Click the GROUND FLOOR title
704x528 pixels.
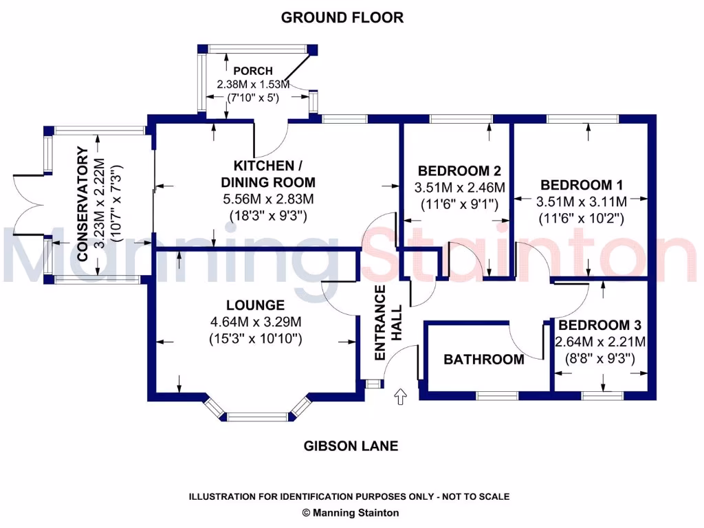pyautogui.click(x=342, y=18)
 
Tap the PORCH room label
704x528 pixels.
pyautogui.click(x=253, y=71)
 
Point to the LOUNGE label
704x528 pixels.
pyautogui.click(x=255, y=305)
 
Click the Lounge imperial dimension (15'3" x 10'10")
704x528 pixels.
pyautogui.click(x=255, y=338)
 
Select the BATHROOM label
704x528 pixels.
pyautogui.click(x=483, y=359)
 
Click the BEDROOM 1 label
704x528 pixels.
pyautogui.click(x=576, y=184)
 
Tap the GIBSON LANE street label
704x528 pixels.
pyautogui.click(x=351, y=446)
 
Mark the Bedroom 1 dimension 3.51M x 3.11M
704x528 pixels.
pyautogui.click(x=582, y=202)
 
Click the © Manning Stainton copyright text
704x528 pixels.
pyautogui.click(x=351, y=512)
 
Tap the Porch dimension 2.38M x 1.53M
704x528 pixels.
pyautogui.click(x=253, y=84)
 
